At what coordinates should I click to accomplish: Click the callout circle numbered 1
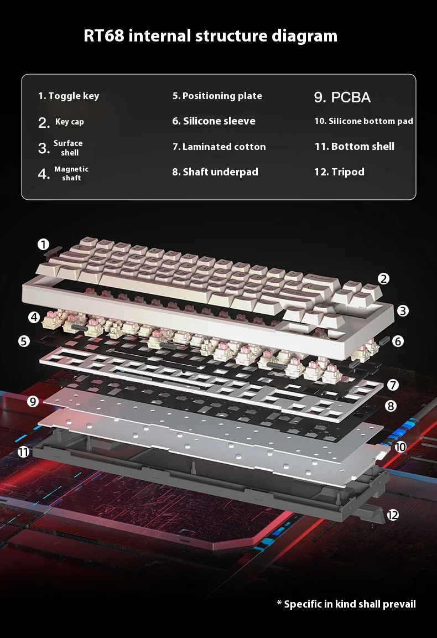(x=44, y=244)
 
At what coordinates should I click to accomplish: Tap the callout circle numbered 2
(x=383, y=279)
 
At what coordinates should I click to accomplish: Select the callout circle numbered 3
(x=403, y=310)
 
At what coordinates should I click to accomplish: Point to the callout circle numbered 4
(x=35, y=317)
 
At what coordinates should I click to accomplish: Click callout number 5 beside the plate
(x=24, y=341)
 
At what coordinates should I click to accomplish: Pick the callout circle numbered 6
(x=398, y=341)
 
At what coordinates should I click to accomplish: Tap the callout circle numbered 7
(x=393, y=384)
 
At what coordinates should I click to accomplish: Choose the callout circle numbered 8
(x=391, y=406)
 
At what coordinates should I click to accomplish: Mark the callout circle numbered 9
(x=33, y=401)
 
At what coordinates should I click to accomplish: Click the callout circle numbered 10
(x=400, y=446)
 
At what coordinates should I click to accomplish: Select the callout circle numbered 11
(x=23, y=452)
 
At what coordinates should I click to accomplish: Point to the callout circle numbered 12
(x=393, y=515)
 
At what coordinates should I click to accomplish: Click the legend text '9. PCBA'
(x=342, y=97)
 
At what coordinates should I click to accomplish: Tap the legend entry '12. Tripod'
(x=339, y=172)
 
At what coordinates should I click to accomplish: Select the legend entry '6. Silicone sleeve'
(x=214, y=121)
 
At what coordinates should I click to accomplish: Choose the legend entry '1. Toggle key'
(x=69, y=96)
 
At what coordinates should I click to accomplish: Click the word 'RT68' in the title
(x=105, y=36)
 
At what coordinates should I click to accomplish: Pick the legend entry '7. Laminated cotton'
(x=218, y=147)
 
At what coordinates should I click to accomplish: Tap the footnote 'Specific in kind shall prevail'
(x=346, y=604)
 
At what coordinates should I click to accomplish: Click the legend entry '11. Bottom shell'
(x=354, y=147)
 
